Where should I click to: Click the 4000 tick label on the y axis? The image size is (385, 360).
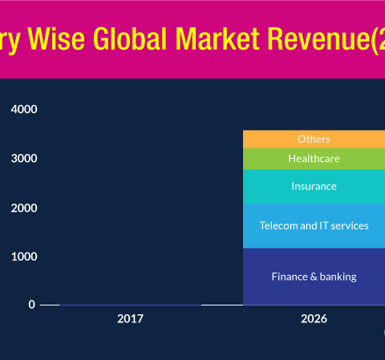click(x=24, y=109)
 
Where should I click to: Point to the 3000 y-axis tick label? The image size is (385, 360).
click(x=24, y=159)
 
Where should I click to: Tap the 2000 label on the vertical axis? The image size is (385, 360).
click(x=24, y=208)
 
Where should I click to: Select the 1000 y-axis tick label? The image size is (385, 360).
click(x=24, y=257)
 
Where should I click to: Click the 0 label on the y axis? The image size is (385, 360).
click(x=32, y=305)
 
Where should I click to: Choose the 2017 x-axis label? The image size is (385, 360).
click(x=130, y=318)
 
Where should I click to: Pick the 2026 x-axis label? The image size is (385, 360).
click(x=314, y=318)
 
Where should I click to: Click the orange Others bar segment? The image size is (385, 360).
click(x=314, y=140)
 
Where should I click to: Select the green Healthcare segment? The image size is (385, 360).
click(x=314, y=159)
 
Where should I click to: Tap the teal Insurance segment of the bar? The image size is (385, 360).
click(x=314, y=187)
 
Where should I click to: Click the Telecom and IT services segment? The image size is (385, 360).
click(x=314, y=226)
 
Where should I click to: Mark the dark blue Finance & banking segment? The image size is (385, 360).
click(x=314, y=277)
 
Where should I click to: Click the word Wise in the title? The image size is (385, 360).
click(x=56, y=38)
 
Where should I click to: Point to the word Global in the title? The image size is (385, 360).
click(x=130, y=38)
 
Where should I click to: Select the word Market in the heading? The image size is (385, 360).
click(x=217, y=38)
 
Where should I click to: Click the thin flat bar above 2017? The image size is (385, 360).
click(x=130, y=305)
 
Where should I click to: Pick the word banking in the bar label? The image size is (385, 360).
click(x=338, y=277)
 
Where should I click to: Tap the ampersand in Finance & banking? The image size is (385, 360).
click(x=314, y=277)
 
